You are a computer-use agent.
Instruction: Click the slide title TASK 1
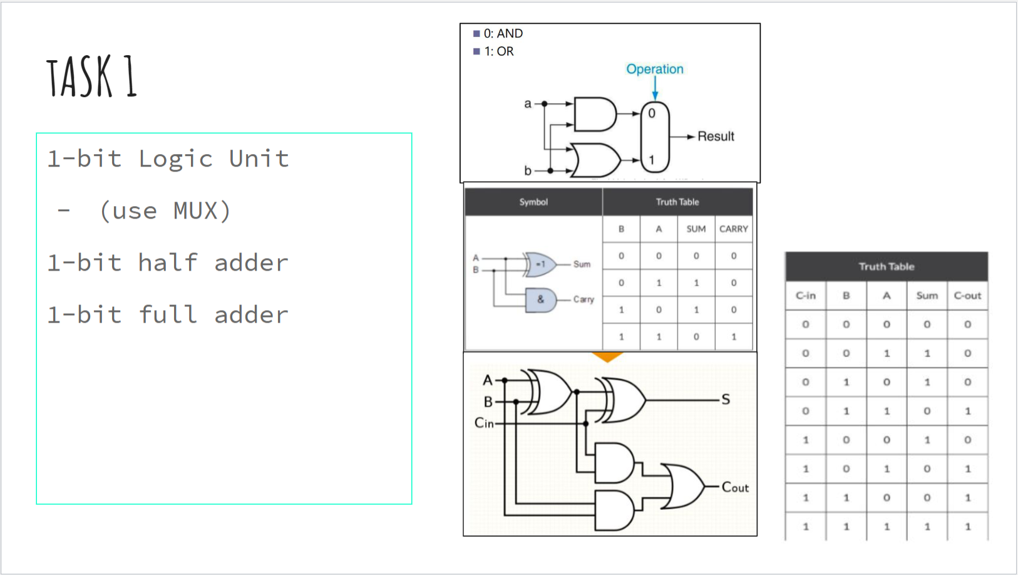click(x=91, y=76)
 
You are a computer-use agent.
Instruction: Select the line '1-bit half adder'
click(x=168, y=263)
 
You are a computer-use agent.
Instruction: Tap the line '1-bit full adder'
click(x=168, y=315)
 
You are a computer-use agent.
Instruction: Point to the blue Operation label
click(x=655, y=69)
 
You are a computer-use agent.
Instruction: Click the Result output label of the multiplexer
click(x=716, y=137)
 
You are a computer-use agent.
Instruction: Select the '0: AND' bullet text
click(x=503, y=34)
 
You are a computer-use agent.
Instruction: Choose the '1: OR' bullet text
click(x=498, y=51)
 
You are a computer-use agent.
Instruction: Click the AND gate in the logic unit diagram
click(x=594, y=114)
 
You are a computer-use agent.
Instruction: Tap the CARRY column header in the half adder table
click(x=733, y=229)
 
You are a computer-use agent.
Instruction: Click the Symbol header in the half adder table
click(x=533, y=202)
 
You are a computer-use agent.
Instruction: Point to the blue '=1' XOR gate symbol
click(x=540, y=264)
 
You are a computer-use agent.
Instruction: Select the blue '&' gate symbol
click(x=540, y=300)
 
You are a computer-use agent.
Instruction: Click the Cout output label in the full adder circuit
click(x=735, y=487)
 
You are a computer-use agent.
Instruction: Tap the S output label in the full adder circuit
click(x=726, y=400)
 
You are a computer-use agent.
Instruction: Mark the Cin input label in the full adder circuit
click(x=484, y=423)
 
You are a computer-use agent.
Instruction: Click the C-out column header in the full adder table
click(x=967, y=296)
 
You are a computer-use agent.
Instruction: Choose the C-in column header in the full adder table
click(x=806, y=296)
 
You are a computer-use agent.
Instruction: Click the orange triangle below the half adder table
click(x=607, y=357)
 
